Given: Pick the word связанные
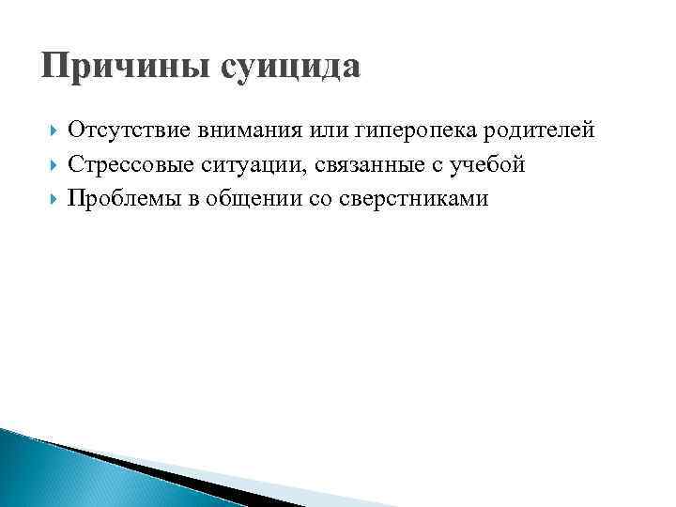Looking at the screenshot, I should [x=346, y=165].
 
